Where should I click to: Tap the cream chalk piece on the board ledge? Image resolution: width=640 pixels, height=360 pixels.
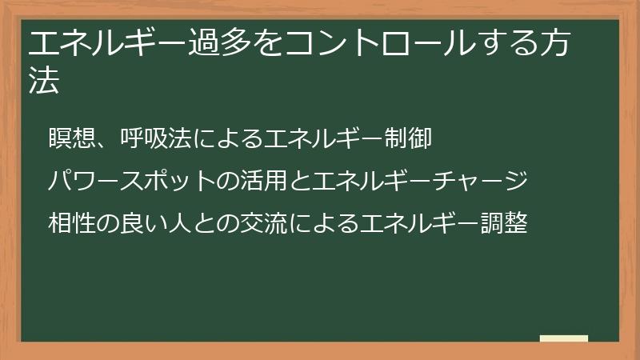pos(563,339)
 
